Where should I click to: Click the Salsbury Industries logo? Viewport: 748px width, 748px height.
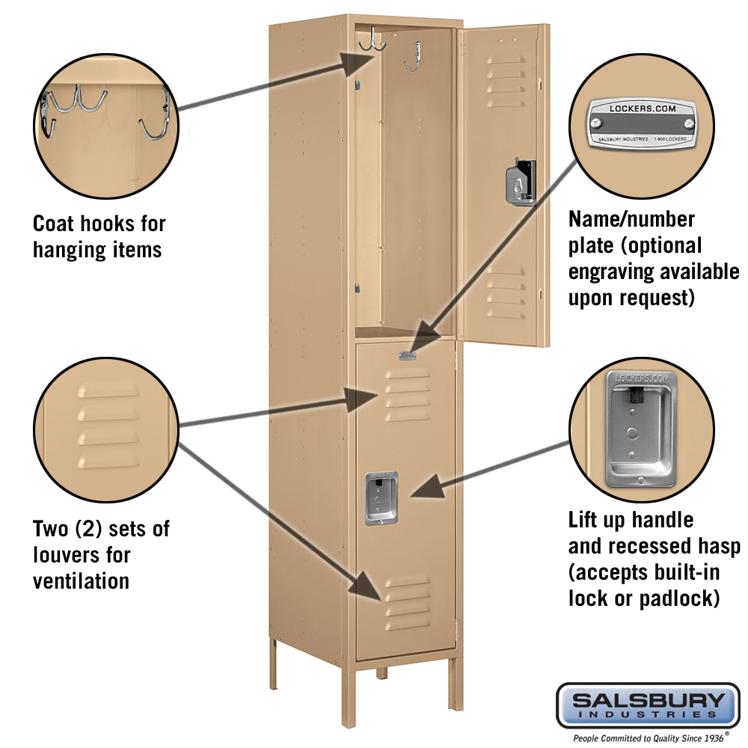(x=648, y=704)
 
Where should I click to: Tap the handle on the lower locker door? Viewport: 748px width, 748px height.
(x=381, y=497)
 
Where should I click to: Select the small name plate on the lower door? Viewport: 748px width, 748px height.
(x=408, y=357)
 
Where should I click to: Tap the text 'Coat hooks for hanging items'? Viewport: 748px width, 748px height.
(x=99, y=236)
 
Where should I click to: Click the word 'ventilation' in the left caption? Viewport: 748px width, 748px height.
(x=81, y=580)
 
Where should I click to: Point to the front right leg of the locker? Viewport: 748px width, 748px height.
(x=456, y=681)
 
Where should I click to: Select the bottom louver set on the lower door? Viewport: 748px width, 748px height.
(x=408, y=602)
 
